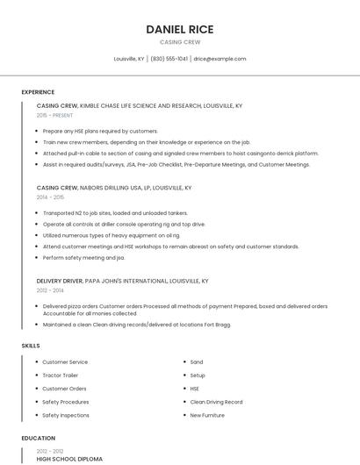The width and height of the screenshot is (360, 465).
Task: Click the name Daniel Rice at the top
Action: (180, 29)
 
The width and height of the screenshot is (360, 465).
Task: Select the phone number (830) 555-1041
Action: (169, 59)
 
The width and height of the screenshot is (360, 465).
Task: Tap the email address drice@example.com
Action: (220, 59)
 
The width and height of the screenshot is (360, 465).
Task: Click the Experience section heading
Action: (38, 92)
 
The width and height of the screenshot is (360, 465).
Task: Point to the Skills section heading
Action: (31, 346)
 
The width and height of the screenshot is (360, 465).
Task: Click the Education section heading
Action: (39, 438)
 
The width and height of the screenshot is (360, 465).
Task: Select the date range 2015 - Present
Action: (54, 115)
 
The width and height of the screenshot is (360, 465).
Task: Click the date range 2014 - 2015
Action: (50, 197)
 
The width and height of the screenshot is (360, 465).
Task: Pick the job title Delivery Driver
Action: (60, 281)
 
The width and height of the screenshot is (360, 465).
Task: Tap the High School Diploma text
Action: (69, 459)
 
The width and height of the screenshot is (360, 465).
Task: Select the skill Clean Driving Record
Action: (216, 402)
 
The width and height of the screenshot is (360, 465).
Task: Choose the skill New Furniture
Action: (207, 415)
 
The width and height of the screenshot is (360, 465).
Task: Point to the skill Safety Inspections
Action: (66, 415)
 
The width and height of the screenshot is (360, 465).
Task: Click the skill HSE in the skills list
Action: (195, 388)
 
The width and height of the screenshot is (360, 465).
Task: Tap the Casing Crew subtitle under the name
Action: (180, 42)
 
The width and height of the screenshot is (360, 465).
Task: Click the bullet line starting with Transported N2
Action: (115, 212)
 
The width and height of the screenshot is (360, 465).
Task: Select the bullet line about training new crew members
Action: (146, 141)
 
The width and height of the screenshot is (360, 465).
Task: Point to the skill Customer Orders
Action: (64, 388)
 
